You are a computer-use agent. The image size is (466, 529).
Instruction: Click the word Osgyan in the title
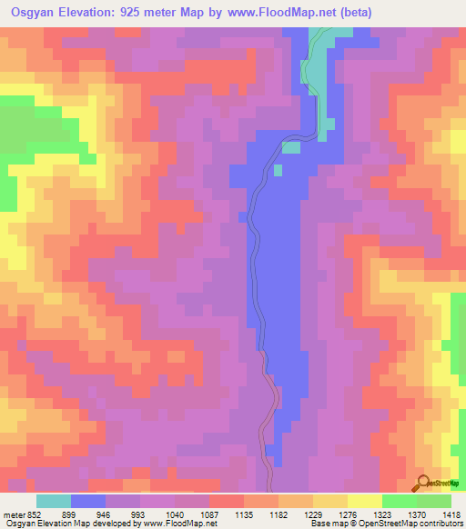[35, 12]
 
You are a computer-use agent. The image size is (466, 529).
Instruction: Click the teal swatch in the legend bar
[54, 501]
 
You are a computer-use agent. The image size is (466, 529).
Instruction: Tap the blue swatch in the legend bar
[88, 501]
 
